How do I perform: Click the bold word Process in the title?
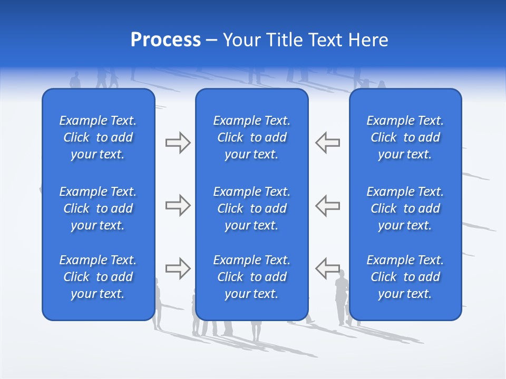pos(166,40)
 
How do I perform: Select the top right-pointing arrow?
pos(178,142)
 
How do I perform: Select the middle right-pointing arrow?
pos(178,205)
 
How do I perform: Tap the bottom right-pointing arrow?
pos(178,268)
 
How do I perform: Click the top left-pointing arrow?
pos(327,142)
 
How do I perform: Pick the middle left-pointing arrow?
pos(327,205)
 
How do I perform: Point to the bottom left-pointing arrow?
pos(327,268)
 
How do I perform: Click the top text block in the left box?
pos(98,137)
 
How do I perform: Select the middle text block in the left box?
pos(98,208)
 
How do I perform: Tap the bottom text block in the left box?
pos(98,277)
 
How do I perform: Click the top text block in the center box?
pos(251,137)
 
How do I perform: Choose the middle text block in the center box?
pos(251,208)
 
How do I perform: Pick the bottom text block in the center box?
pos(251,277)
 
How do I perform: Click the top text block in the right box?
pos(405,137)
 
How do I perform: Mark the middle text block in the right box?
pos(405,208)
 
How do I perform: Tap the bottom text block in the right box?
pos(405,277)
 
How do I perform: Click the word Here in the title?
pos(368,40)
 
